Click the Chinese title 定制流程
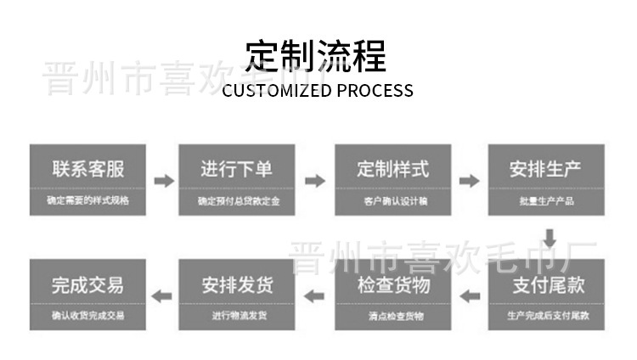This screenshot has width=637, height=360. pyautogui.click(x=317, y=56)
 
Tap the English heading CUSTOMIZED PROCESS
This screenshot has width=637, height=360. pyautogui.click(x=318, y=90)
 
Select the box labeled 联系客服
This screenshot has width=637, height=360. pyautogui.click(x=87, y=180)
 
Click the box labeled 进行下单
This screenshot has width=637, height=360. pyautogui.click(x=236, y=180)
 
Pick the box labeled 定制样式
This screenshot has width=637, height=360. pyautogui.click(x=392, y=180)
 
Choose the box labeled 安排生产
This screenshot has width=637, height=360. pyautogui.click(x=546, y=180)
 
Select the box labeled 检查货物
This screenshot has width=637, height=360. pyautogui.click(x=392, y=295)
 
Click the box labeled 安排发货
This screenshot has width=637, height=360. pyautogui.click(x=236, y=295)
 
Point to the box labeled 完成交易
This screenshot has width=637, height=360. pyautogui.click(x=87, y=295)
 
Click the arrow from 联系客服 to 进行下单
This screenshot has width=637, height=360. pyautogui.click(x=163, y=181)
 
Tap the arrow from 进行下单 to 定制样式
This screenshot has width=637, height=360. pyautogui.click(x=315, y=181)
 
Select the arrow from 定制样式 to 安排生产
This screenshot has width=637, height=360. pyautogui.click(x=469, y=181)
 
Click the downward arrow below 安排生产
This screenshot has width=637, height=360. pyautogui.click(x=550, y=238)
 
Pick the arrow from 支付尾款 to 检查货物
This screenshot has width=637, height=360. pyautogui.click(x=469, y=295)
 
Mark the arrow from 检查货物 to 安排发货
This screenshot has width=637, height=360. pyautogui.click(x=315, y=295)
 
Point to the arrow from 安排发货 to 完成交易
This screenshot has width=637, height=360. pyautogui.click(x=161, y=295)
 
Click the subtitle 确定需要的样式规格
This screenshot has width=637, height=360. pyautogui.click(x=87, y=202)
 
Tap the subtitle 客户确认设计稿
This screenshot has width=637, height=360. pyautogui.click(x=392, y=202)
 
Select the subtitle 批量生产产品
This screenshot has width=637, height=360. pyautogui.click(x=546, y=202)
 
